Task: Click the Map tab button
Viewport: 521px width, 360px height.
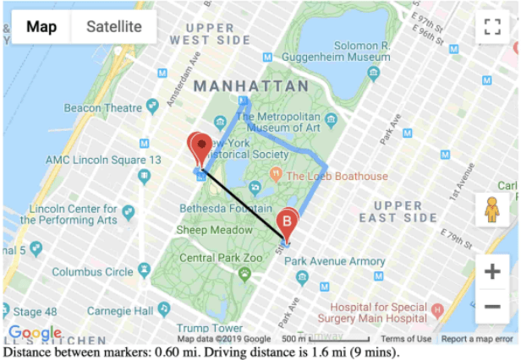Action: [41, 27]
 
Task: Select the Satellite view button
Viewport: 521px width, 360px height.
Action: [114, 27]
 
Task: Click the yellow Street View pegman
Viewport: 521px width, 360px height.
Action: [492, 208]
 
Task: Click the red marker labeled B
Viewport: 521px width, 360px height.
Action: [288, 222]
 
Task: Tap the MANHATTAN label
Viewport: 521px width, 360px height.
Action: [242, 86]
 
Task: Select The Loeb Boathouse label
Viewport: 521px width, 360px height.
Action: [336, 176]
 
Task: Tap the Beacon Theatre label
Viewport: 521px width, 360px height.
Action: [103, 107]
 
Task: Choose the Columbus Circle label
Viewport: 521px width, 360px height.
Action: [92, 272]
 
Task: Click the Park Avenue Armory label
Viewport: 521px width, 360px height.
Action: [334, 261]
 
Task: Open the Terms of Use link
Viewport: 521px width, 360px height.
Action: [405, 339]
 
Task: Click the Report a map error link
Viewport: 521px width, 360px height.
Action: [477, 339]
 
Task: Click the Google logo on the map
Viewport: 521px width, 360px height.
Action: [35, 333]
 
